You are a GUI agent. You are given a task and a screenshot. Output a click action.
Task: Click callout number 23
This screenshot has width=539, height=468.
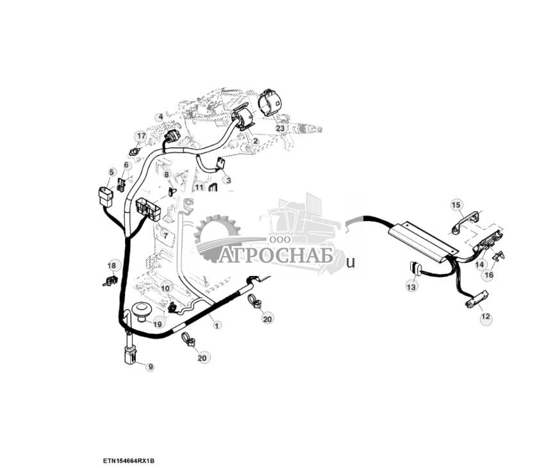coord(280,128)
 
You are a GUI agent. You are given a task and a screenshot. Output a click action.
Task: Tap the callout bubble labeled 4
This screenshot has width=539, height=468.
coord(160,117)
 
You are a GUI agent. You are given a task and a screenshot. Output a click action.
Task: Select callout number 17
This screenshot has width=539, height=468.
coord(140,136)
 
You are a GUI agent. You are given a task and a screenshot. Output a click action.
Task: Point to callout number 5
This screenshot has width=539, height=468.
coord(112,172)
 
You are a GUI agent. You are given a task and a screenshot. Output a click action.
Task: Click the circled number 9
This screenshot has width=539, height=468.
coord(150,367)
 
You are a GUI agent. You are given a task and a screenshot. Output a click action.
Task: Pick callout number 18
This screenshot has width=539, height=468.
coord(113,266)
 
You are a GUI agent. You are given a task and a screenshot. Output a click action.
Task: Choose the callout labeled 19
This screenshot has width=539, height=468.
coord(158,325)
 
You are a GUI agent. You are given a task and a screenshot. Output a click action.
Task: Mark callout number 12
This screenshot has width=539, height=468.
coord(485,316)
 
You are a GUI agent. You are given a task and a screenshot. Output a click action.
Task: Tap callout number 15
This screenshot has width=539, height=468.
coord(456,205)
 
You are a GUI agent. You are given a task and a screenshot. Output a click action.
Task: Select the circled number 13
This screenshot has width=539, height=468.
coord(411,287)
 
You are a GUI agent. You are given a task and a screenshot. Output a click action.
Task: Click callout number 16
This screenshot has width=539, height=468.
coord(488,275)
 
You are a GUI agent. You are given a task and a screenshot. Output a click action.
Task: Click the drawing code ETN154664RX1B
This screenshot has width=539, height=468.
coord(129,461)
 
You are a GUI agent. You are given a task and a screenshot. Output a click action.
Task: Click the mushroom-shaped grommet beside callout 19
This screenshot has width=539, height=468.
coord(140,312)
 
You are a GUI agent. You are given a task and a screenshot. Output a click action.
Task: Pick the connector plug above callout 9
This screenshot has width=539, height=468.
coord(131,355)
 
